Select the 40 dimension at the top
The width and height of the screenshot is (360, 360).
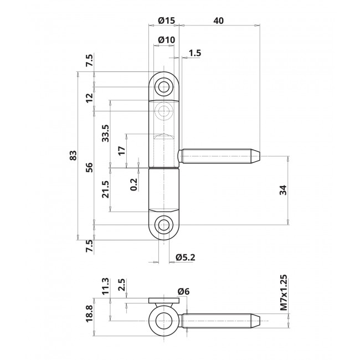click(x=218, y=20)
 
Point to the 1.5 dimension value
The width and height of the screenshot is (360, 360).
click(x=194, y=53)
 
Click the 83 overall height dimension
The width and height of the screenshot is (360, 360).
click(x=74, y=157)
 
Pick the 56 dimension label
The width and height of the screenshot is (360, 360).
click(x=90, y=167)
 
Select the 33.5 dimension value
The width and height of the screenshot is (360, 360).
click(x=106, y=133)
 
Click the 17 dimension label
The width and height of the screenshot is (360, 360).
click(x=122, y=148)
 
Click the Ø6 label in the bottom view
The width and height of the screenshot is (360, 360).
click(x=184, y=292)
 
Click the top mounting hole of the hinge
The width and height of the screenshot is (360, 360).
click(x=163, y=86)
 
